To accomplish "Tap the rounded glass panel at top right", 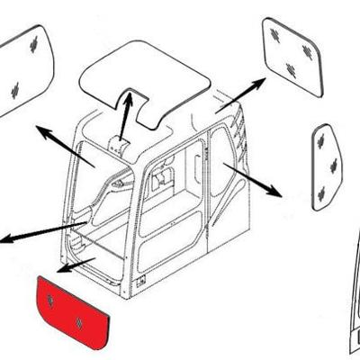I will (x=292, y=54).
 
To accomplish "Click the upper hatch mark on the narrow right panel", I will (x=319, y=140).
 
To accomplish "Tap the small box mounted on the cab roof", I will (x=117, y=144).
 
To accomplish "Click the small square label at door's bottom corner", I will (x=140, y=283).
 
